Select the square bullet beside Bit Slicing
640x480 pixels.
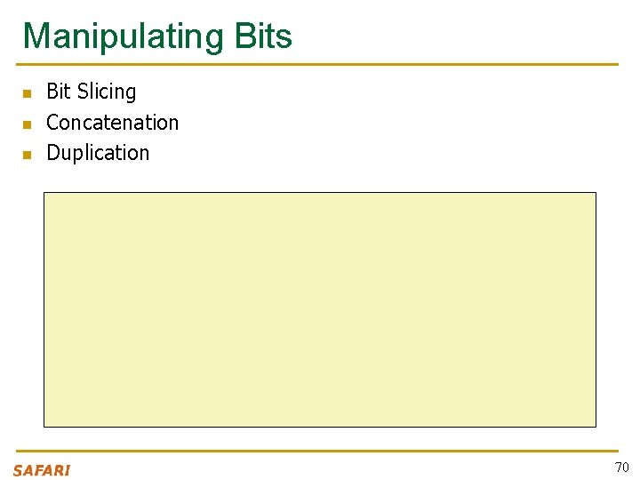pyautogui.click(x=27, y=93)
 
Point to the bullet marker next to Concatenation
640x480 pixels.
pyautogui.click(x=27, y=124)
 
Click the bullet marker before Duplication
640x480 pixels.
pyautogui.click(x=27, y=155)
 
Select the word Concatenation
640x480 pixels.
pyautogui.click(x=112, y=123)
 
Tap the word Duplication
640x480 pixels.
pyautogui.click(x=98, y=153)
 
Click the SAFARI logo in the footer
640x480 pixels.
pyautogui.click(x=42, y=470)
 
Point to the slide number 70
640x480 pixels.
pyautogui.click(x=621, y=468)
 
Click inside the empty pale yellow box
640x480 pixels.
pyautogui.click(x=320, y=309)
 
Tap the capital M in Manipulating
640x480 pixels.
pyautogui.click(x=36, y=36)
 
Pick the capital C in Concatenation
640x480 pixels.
pyautogui.click(x=53, y=123)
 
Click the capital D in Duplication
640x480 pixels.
pyautogui.click(x=53, y=153)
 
